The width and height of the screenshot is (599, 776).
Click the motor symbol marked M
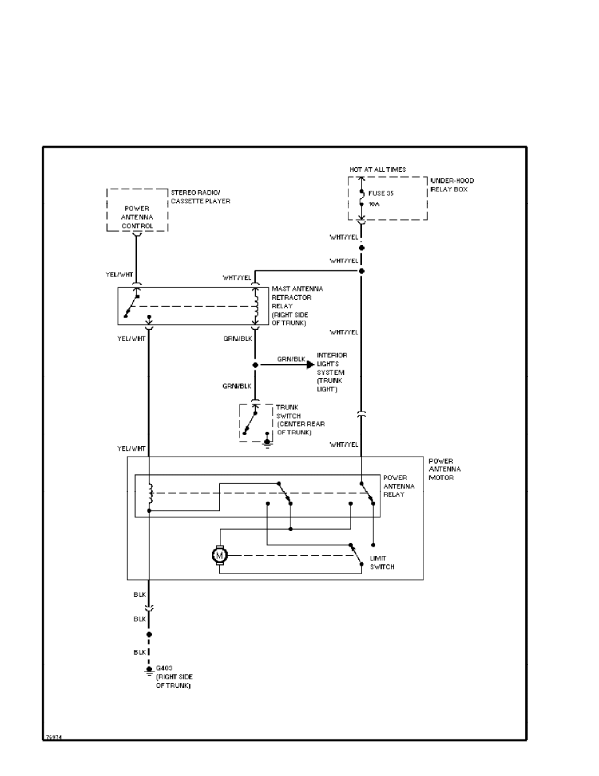219,556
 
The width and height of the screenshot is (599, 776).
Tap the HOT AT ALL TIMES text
377,169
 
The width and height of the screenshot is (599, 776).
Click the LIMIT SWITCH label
382,562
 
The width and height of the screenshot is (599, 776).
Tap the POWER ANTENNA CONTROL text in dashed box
137,218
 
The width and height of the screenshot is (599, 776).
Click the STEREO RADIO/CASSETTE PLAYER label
200,197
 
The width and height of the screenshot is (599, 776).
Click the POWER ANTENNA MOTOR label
444,469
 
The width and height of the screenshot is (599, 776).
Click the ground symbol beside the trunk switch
267,442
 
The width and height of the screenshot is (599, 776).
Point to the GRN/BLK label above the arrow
291,359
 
